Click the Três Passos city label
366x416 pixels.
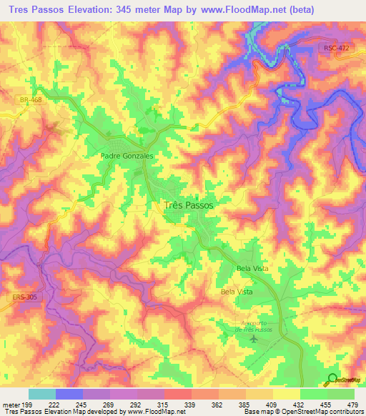coord(189,204)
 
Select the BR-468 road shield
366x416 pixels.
coord(31,100)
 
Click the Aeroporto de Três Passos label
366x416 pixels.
coord(252,324)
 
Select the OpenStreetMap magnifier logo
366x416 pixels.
coord(332,380)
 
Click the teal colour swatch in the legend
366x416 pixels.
coord(42,394)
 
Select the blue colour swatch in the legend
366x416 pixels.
coord(69,394)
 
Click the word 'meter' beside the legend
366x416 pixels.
coord(11,404)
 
